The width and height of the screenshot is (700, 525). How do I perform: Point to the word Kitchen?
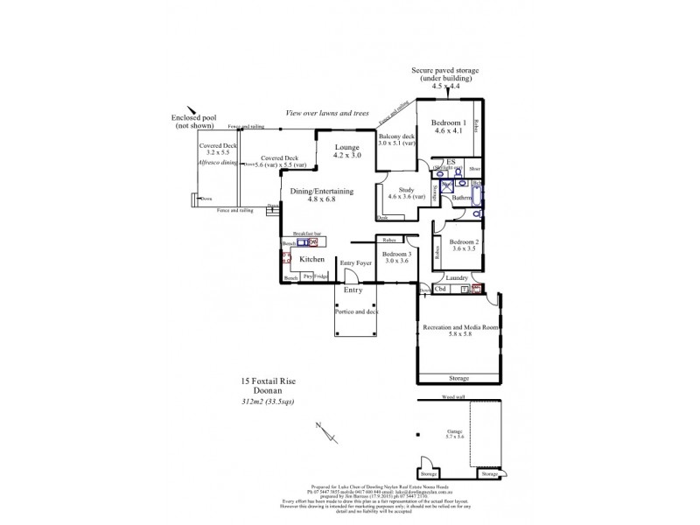312,260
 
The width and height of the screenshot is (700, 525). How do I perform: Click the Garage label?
453,431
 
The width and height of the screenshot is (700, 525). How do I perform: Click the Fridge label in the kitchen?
321,276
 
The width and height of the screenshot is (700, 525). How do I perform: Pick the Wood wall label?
453,397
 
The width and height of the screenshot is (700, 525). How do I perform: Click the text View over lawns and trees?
326,114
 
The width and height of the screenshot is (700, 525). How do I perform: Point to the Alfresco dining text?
218,163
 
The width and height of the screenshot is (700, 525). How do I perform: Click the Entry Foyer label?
356,262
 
